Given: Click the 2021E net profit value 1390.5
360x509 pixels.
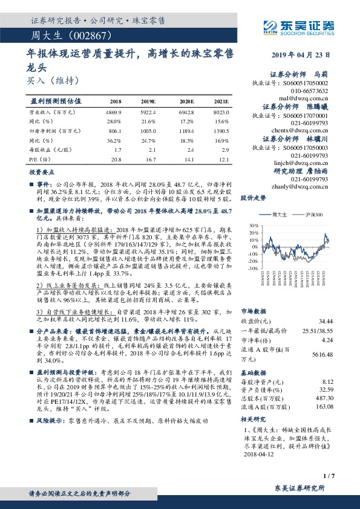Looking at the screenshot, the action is (x=220, y=130).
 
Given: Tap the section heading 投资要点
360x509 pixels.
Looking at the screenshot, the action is (x=43, y=172).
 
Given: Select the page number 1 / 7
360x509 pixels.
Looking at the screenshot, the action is (x=329, y=478).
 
